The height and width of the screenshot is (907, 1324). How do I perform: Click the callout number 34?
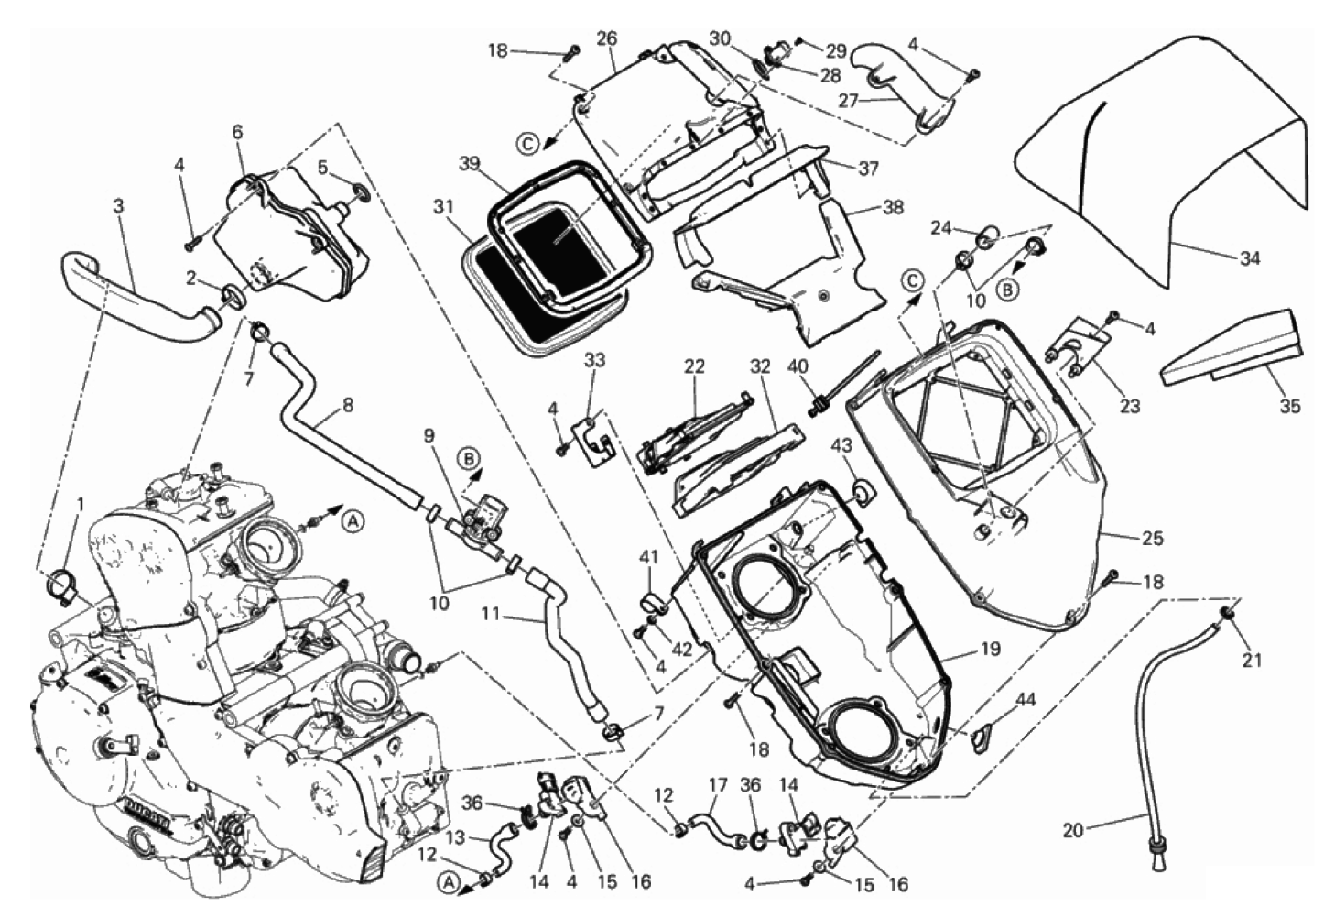1250,258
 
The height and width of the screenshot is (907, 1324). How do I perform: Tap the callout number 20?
1073,831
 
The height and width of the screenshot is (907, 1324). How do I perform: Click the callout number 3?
118,206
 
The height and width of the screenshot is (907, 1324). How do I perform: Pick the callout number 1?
80,503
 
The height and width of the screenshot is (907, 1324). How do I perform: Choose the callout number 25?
1153,539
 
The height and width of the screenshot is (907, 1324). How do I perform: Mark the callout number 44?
1026,699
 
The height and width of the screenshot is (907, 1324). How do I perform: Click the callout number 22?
694,366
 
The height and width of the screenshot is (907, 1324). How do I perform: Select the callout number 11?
491,614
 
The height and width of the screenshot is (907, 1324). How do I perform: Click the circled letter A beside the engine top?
355,521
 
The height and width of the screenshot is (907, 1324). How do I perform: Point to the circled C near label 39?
526,141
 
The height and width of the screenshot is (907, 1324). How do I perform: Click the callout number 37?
868,169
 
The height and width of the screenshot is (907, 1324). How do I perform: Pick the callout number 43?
841,444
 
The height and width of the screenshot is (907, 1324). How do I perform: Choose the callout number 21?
1252,660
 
